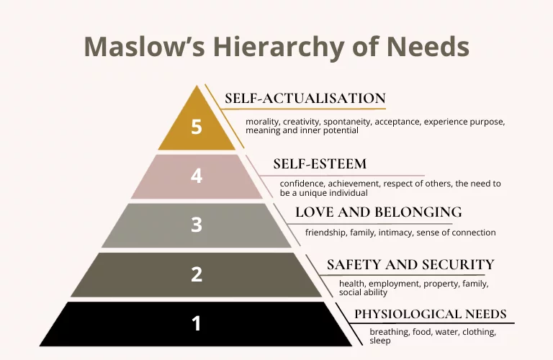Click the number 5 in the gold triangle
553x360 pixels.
(x=197, y=127)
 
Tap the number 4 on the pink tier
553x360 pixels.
(x=197, y=176)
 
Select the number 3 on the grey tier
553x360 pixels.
(x=197, y=225)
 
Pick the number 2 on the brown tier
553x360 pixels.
(x=197, y=274)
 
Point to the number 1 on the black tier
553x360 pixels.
(x=196, y=323)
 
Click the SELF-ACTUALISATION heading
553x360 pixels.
(x=305, y=99)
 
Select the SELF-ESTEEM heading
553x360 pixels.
(x=320, y=164)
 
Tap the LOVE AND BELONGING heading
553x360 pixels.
(x=379, y=212)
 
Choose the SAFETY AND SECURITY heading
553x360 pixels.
(x=410, y=264)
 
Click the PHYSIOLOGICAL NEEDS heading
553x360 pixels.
(x=431, y=314)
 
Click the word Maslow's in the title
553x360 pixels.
(x=145, y=47)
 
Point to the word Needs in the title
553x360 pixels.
(x=428, y=47)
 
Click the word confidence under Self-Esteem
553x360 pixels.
(x=304, y=184)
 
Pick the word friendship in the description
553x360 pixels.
(x=325, y=233)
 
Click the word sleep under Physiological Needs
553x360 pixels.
(x=380, y=341)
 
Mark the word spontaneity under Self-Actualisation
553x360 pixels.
(x=347, y=122)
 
